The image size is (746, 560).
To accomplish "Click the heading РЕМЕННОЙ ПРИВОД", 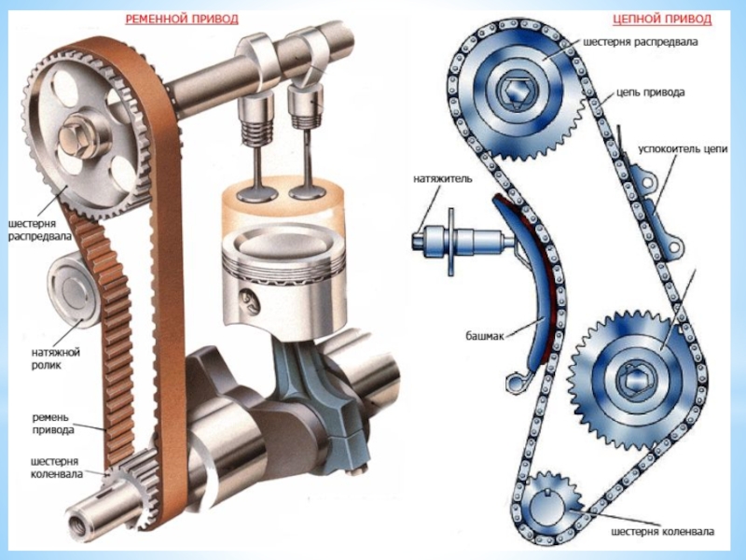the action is tap(182, 19).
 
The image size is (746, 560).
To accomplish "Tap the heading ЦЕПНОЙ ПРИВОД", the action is tap(662, 19).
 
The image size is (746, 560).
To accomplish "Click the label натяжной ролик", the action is tap(56, 359).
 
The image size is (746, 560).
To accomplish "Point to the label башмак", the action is tap(484, 336).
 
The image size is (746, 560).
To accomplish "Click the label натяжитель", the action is tap(443, 179).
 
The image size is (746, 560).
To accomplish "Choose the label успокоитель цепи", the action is tap(683, 149).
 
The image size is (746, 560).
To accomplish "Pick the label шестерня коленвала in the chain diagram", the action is tap(663, 531).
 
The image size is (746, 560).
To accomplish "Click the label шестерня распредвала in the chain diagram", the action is tap(641, 42).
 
